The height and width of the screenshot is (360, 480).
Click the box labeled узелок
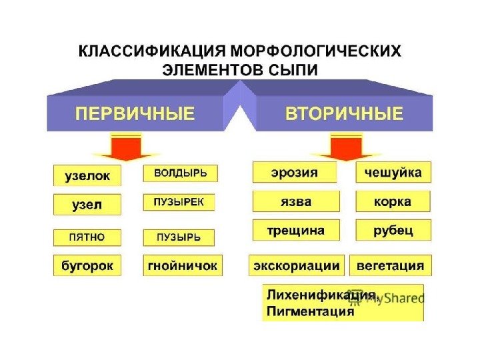click(x=87, y=176)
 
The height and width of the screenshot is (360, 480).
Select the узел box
click(x=87, y=205)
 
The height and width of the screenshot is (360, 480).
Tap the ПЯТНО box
click(x=87, y=237)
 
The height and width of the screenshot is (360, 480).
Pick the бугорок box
click(x=87, y=265)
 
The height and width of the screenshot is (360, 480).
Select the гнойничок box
click(x=183, y=265)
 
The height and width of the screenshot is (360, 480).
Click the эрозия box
click(x=294, y=172)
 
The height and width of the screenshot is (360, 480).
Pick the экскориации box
click(x=296, y=265)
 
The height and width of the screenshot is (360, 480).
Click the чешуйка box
click(x=393, y=172)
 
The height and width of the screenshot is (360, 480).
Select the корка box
click(x=393, y=201)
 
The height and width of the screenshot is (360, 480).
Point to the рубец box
click(x=393, y=230)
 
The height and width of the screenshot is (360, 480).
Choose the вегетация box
click(x=391, y=265)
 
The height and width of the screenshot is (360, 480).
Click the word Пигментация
click(x=310, y=311)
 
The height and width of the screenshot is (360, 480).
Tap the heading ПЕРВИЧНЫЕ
click(x=135, y=113)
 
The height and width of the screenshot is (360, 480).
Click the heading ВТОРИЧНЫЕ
click(x=345, y=113)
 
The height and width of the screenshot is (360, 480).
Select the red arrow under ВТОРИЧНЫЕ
click(x=347, y=147)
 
